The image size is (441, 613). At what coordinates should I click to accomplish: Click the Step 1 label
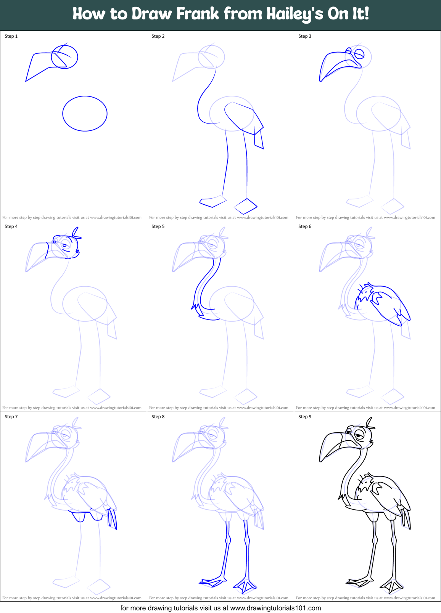[11, 36]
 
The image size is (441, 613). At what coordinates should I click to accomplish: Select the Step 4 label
[11, 226]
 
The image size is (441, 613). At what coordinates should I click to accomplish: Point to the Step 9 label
[305, 417]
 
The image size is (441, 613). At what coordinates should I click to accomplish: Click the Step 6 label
[305, 226]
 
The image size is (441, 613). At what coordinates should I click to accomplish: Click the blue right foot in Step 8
[245, 585]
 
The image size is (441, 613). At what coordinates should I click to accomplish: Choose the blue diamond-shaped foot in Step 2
[245, 206]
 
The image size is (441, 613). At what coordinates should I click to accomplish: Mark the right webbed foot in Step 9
[391, 585]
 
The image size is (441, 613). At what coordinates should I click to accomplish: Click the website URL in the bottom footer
[275, 608]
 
